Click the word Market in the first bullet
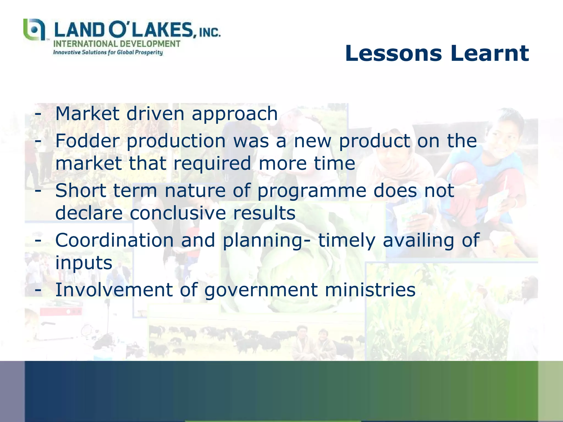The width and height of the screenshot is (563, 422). pos(87,113)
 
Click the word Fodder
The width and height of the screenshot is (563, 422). pos(88,141)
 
